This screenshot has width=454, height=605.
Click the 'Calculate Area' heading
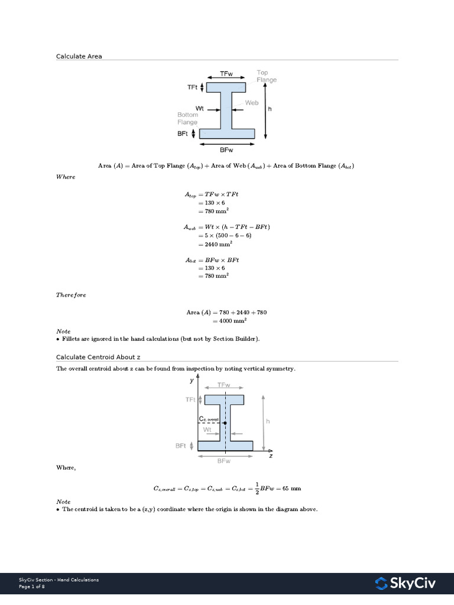coord(79,56)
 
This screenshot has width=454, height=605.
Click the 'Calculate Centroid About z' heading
coord(98,357)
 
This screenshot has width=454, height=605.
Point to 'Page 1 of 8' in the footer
coord(32,587)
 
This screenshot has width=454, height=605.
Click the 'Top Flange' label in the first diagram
coord(266,76)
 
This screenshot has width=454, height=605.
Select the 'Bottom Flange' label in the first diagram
coord(187,118)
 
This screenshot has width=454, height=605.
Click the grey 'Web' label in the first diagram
coord(252,102)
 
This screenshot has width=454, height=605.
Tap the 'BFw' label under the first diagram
coord(227,151)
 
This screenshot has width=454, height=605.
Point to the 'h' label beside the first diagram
coord(270,109)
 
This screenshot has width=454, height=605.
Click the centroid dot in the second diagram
coord(225,424)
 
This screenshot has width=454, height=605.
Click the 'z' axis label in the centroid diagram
coord(270,456)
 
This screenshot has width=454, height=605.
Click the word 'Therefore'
coord(71,295)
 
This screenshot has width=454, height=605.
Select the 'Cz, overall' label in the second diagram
coord(209,419)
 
